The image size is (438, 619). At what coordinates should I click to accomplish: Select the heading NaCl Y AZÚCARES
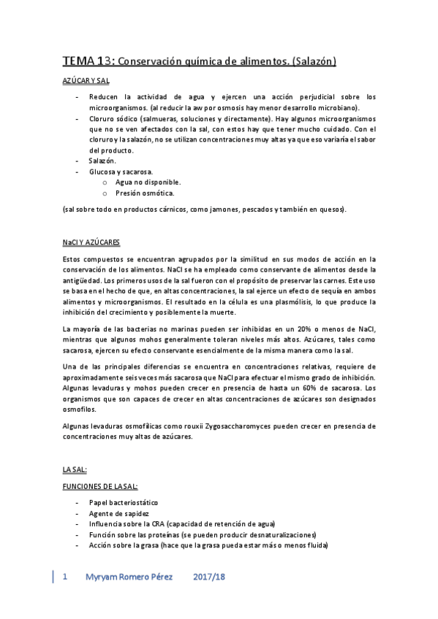coord(91,242)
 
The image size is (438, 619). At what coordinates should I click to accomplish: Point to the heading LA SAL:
coord(76,470)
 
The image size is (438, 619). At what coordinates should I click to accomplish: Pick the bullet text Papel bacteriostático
coord(123,503)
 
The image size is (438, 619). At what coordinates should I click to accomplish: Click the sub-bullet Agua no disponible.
coord(148,182)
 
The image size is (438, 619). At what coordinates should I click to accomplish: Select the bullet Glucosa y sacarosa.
coord(121,171)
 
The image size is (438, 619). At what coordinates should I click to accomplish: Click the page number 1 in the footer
coord(65,577)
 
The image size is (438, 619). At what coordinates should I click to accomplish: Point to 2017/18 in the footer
coord(210,577)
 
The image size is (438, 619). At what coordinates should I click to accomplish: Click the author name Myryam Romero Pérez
coord(130,577)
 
